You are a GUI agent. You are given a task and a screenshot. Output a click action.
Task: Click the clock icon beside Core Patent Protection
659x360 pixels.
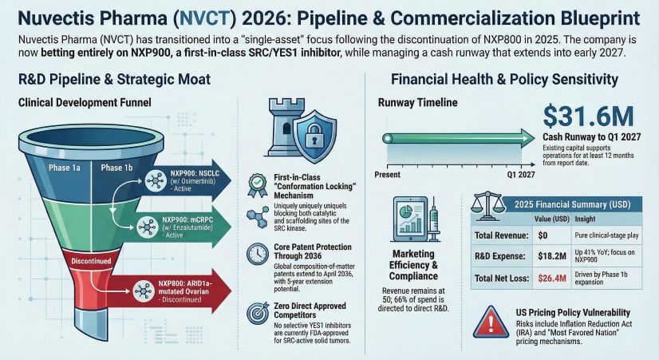tap(258, 253)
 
